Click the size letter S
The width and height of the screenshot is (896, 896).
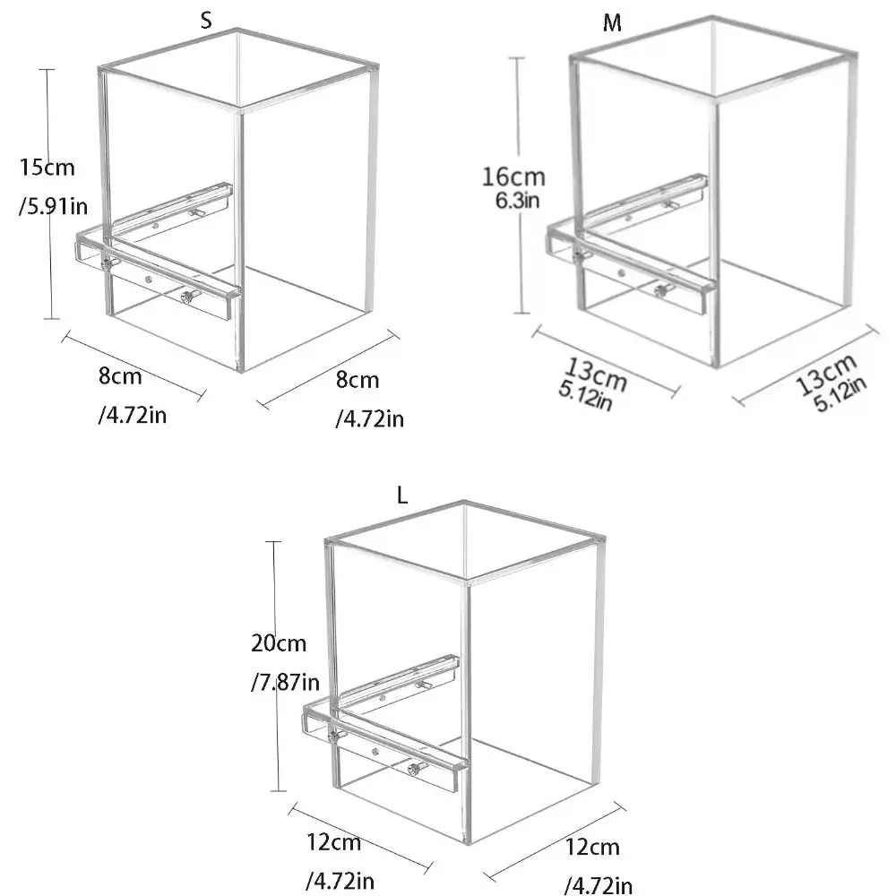(x=206, y=21)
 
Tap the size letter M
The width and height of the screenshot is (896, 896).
(x=612, y=23)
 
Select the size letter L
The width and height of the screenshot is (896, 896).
(x=402, y=495)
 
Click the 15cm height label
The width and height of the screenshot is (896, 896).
(x=47, y=168)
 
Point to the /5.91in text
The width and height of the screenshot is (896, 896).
(x=54, y=206)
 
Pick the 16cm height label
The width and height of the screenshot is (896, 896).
(x=513, y=177)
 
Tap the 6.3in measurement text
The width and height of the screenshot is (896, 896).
(x=517, y=201)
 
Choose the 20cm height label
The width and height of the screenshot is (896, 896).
(x=279, y=643)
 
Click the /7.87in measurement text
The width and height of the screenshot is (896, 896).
(x=285, y=682)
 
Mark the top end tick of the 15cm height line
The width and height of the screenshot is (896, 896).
(x=47, y=70)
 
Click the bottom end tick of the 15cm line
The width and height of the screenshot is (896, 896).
(x=51, y=319)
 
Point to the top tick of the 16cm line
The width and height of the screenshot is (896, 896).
(x=517, y=58)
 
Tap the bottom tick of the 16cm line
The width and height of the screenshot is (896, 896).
(x=522, y=313)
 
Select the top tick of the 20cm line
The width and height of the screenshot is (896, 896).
(x=273, y=541)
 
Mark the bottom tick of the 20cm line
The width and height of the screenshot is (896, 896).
(x=279, y=791)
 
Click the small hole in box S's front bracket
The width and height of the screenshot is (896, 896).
(x=149, y=280)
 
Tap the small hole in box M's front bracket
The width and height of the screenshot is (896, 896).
(x=621, y=273)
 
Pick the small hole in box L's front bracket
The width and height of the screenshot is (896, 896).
(x=375, y=752)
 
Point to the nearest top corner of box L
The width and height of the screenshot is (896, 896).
(x=466, y=582)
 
